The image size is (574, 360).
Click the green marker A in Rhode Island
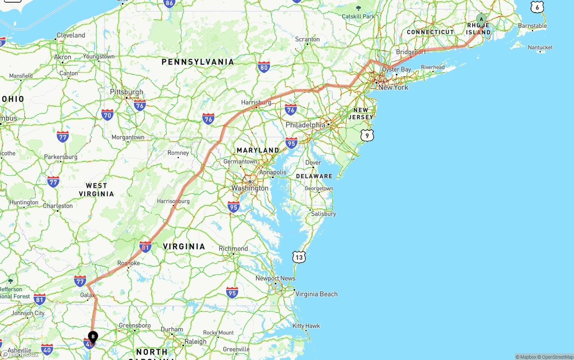(x=481, y=19)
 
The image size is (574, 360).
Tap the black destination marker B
(x=93, y=336)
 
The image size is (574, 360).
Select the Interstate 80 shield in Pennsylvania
(x=264, y=68)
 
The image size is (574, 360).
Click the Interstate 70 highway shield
(x=107, y=115)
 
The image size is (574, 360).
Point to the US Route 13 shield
(x=299, y=256)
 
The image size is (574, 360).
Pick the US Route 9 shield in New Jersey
(x=367, y=135)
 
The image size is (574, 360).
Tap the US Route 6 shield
(x=537, y=7)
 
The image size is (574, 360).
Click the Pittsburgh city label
(x=126, y=92)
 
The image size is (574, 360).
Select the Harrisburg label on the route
(x=256, y=102)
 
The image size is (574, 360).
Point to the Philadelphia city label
(x=305, y=125)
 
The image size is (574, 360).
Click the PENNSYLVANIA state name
(x=198, y=62)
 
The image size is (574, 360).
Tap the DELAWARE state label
(x=314, y=176)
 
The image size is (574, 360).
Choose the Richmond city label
(x=233, y=248)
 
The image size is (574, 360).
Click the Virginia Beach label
(x=316, y=294)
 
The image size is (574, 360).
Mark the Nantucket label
(x=540, y=47)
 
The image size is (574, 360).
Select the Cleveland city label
(x=70, y=35)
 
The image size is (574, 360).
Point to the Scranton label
(x=307, y=39)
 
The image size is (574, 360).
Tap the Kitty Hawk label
(x=306, y=325)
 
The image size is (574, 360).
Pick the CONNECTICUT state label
(x=430, y=32)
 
